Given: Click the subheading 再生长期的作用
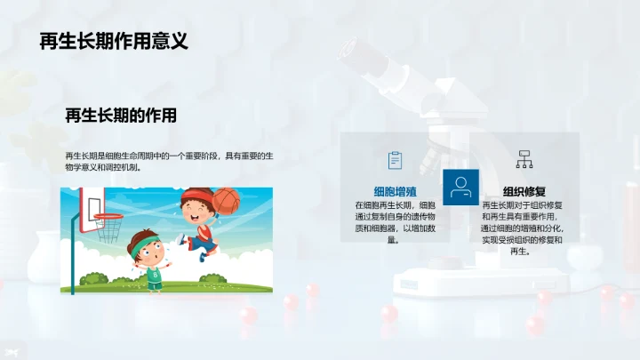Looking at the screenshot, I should click(121, 116).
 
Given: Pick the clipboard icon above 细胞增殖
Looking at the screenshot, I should click(396, 160).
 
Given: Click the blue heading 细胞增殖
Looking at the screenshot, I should click(396, 190).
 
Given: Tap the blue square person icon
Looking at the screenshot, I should click(460, 187).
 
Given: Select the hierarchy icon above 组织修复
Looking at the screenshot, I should click(524, 160).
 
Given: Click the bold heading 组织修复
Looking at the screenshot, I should click(524, 191).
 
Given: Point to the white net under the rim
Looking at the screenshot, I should click(109, 228).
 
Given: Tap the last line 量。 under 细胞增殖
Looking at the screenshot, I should click(392, 240).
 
